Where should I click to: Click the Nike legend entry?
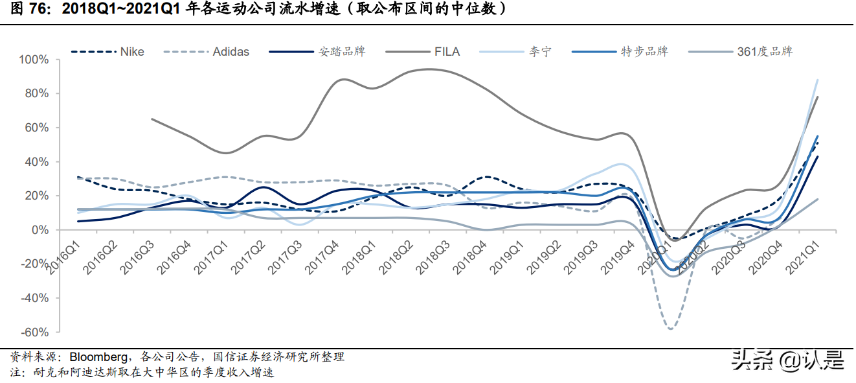click(131, 51)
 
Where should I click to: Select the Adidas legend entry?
click(231, 51)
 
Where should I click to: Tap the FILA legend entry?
click(447, 51)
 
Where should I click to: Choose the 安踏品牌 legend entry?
click(341, 51)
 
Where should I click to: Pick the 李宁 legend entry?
click(541, 51)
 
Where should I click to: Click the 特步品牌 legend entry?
click(645, 51)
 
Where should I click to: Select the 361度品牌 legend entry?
click(765, 51)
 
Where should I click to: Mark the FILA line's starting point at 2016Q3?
click(151, 119)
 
